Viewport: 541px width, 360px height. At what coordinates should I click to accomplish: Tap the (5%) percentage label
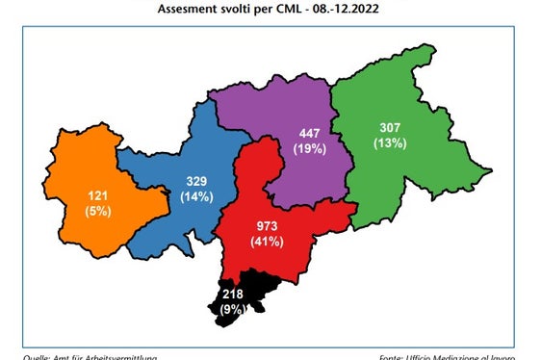pyautogui.click(x=97, y=210)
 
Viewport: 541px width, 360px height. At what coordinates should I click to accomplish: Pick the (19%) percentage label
pyautogui.click(x=310, y=149)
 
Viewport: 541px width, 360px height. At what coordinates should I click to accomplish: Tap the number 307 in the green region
pyautogui.click(x=390, y=128)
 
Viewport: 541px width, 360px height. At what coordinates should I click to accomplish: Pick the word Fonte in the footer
pyautogui.click(x=407, y=357)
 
